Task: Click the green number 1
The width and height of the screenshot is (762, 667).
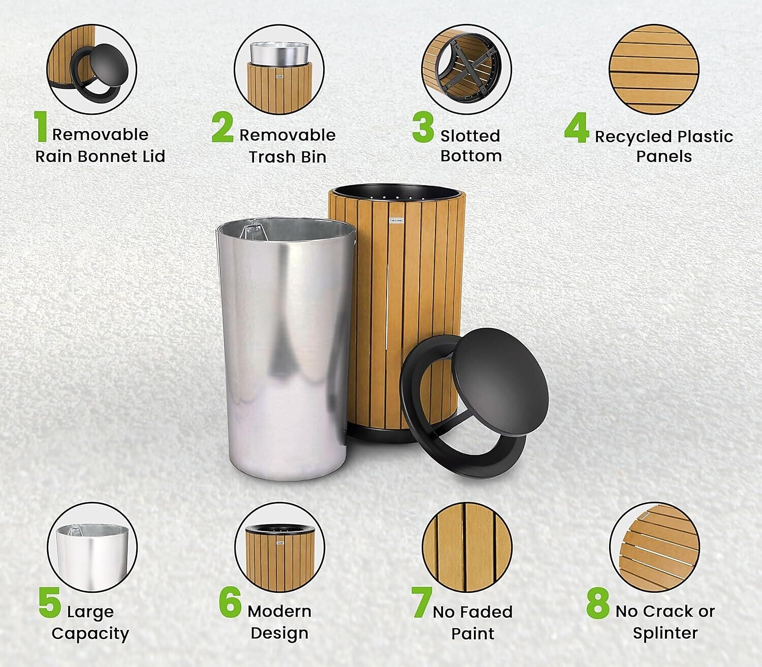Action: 41,126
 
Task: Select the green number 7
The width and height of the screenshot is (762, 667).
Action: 422,602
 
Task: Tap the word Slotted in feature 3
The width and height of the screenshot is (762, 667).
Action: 470,136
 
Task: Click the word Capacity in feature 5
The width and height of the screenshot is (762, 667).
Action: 90,634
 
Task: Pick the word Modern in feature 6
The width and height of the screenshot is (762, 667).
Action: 279,612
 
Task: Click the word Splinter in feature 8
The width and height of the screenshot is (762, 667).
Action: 665,633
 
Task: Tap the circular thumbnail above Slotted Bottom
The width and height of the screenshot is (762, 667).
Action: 467,70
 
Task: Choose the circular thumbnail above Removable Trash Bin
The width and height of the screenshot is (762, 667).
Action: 279,70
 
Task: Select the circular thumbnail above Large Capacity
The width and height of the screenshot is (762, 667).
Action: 92,547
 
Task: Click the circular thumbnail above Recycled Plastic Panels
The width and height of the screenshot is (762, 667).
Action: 654,70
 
